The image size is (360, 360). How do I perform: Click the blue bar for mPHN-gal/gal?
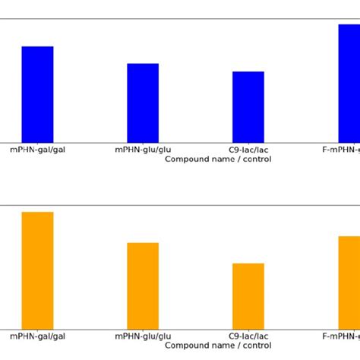pyautogui.click(x=37, y=94)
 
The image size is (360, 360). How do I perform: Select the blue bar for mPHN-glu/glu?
pyautogui.click(x=143, y=103)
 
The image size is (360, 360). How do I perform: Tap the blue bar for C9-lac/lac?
pyautogui.click(x=248, y=106)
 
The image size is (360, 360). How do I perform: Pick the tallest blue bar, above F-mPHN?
pyautogui.click(x=349, y=83)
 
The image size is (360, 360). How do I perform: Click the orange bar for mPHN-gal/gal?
pyautogui.click(x=37, y=270)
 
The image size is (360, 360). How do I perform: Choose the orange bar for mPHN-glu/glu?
pyautogui.click(x=143, y=286)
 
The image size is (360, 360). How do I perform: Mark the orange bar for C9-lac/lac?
pyautogui.click(x=248, y=296)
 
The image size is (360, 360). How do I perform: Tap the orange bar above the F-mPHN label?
pyautogui.click(x=349, y=283)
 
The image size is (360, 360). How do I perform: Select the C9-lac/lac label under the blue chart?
pyautogui.click(x=248, y=150)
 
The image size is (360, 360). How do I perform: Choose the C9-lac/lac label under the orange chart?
pyautogui.click(x=248, y=336)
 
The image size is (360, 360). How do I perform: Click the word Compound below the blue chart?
pyautogui.click(x=187, y=159)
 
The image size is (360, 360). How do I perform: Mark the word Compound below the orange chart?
pyautogui.click(x=187, y=346)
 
